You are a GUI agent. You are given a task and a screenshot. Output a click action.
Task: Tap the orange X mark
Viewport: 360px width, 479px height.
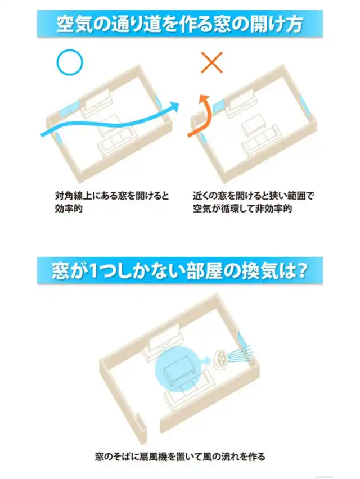pyautogui.click(x=211, y=62)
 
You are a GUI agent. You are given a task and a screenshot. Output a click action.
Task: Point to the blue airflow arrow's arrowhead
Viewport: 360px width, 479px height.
pyautogui.click(x=175, y=107)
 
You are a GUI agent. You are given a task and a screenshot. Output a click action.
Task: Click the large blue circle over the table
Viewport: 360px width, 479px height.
pyautogui.click(x=177, y=369)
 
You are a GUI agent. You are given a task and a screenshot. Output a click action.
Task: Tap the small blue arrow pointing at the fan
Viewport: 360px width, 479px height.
pyautogui.click(x=205, y=360)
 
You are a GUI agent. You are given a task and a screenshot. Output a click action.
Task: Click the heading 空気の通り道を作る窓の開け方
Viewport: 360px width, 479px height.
pyautogui.click(x=179, y=24)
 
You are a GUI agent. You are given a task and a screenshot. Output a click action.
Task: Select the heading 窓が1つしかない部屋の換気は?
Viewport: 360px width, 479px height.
pyautogui.click(x=179, y=271)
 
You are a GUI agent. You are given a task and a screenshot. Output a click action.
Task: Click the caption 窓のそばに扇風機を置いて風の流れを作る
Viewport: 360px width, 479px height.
pyautogui.click(x=179, y=457)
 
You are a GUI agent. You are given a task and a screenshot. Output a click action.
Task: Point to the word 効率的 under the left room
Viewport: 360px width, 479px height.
pyautogui.click(x=69, y=209)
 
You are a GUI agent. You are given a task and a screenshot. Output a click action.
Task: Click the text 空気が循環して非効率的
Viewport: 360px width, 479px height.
pyautogui.click(x=242, y=209)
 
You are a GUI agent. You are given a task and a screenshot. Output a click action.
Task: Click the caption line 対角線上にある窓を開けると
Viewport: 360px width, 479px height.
pyautogui.click(x=112, y=196)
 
